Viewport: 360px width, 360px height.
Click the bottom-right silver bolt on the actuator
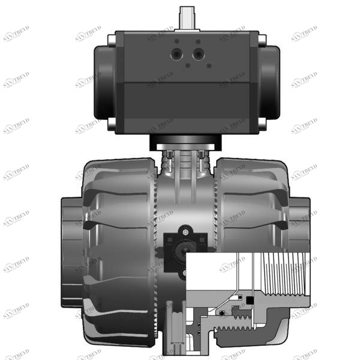pos(261,124)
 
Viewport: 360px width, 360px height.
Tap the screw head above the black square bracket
pos(187,230)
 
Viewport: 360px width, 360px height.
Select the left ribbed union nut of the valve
pos(117,252)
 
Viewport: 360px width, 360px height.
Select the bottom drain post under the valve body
pos(178,336)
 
